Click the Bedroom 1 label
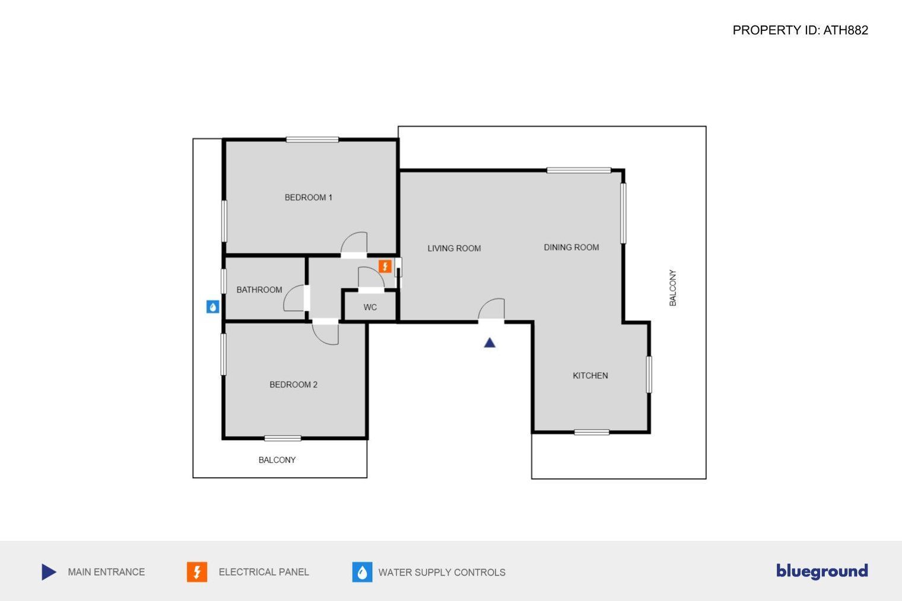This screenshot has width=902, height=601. click(x=308, y=197)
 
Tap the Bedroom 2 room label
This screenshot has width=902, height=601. click(x=293, y=384)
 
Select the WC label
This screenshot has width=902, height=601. click(x=370, y=307)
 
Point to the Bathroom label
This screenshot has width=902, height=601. click(x=259, y=290)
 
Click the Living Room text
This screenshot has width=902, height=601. click(x=454, y=249)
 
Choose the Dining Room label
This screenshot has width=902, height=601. click(x=571, y=247)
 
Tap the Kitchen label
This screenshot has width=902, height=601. click(x=590, y=376)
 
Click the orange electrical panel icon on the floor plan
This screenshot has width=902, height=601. click(x=385, y=266)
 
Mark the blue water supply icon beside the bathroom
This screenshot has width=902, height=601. click(x=212, y=307)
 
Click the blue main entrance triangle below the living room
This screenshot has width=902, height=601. click(x=490, y=342)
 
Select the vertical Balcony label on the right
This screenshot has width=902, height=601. click(x=672, y=288)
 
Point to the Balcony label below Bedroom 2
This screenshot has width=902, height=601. click(x=277, y=460)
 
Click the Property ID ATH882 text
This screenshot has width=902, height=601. click(x=800, y=30)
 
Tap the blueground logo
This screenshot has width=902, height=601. click(x=822, y=571)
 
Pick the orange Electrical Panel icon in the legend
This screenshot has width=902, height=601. click(x=197, y=572)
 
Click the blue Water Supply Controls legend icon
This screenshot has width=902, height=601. click(x=362, y=572)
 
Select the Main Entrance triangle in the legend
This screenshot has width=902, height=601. click(x=49, y=572)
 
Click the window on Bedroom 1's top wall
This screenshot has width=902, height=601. click(x=312, y=139)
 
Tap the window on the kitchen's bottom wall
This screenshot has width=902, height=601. click(x=592, y=433)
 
